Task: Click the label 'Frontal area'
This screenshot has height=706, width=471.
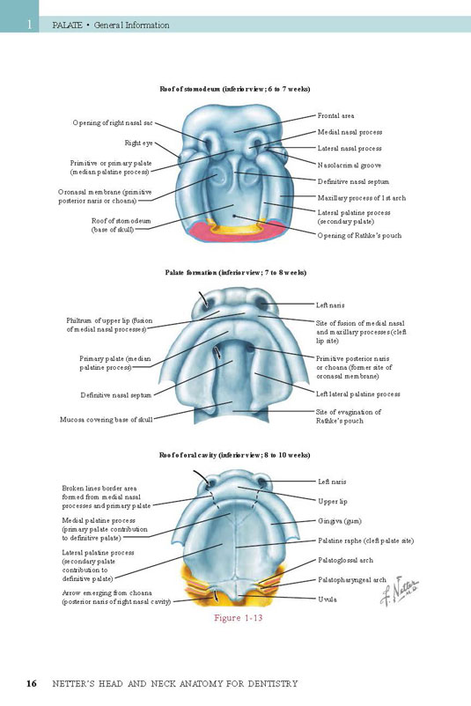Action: [335, 115]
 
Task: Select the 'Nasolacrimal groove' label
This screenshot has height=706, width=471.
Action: [350, 165]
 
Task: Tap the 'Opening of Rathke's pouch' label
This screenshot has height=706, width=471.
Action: [359, 236]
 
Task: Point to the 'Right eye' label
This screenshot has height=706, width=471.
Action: [139, 143]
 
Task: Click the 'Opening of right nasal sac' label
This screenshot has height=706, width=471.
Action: [113, 123]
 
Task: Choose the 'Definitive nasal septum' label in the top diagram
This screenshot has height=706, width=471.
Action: [353, 182]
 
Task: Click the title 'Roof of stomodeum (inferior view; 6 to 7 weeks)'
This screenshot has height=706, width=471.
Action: [235, 89]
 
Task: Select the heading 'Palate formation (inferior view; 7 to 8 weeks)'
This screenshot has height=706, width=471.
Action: [236, 272]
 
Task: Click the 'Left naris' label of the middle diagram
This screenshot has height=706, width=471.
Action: [330, 305]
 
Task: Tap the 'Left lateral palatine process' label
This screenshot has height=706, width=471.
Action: [358, 394]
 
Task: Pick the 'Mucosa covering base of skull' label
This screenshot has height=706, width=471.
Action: [107, 420]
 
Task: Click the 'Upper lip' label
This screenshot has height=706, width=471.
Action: [333, 502]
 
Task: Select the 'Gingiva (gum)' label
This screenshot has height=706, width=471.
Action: [340, 521]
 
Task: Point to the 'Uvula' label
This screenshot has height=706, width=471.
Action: [327, 599]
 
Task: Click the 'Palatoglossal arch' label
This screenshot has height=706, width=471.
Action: [345, 561]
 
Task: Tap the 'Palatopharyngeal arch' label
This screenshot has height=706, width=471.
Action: [352, 580]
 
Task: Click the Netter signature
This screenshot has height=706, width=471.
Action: [399, 591]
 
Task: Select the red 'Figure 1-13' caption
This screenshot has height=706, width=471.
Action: [239, 618]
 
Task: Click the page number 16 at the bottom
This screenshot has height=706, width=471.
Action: [31, 683]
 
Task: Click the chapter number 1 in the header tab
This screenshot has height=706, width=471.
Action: [30, 25]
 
